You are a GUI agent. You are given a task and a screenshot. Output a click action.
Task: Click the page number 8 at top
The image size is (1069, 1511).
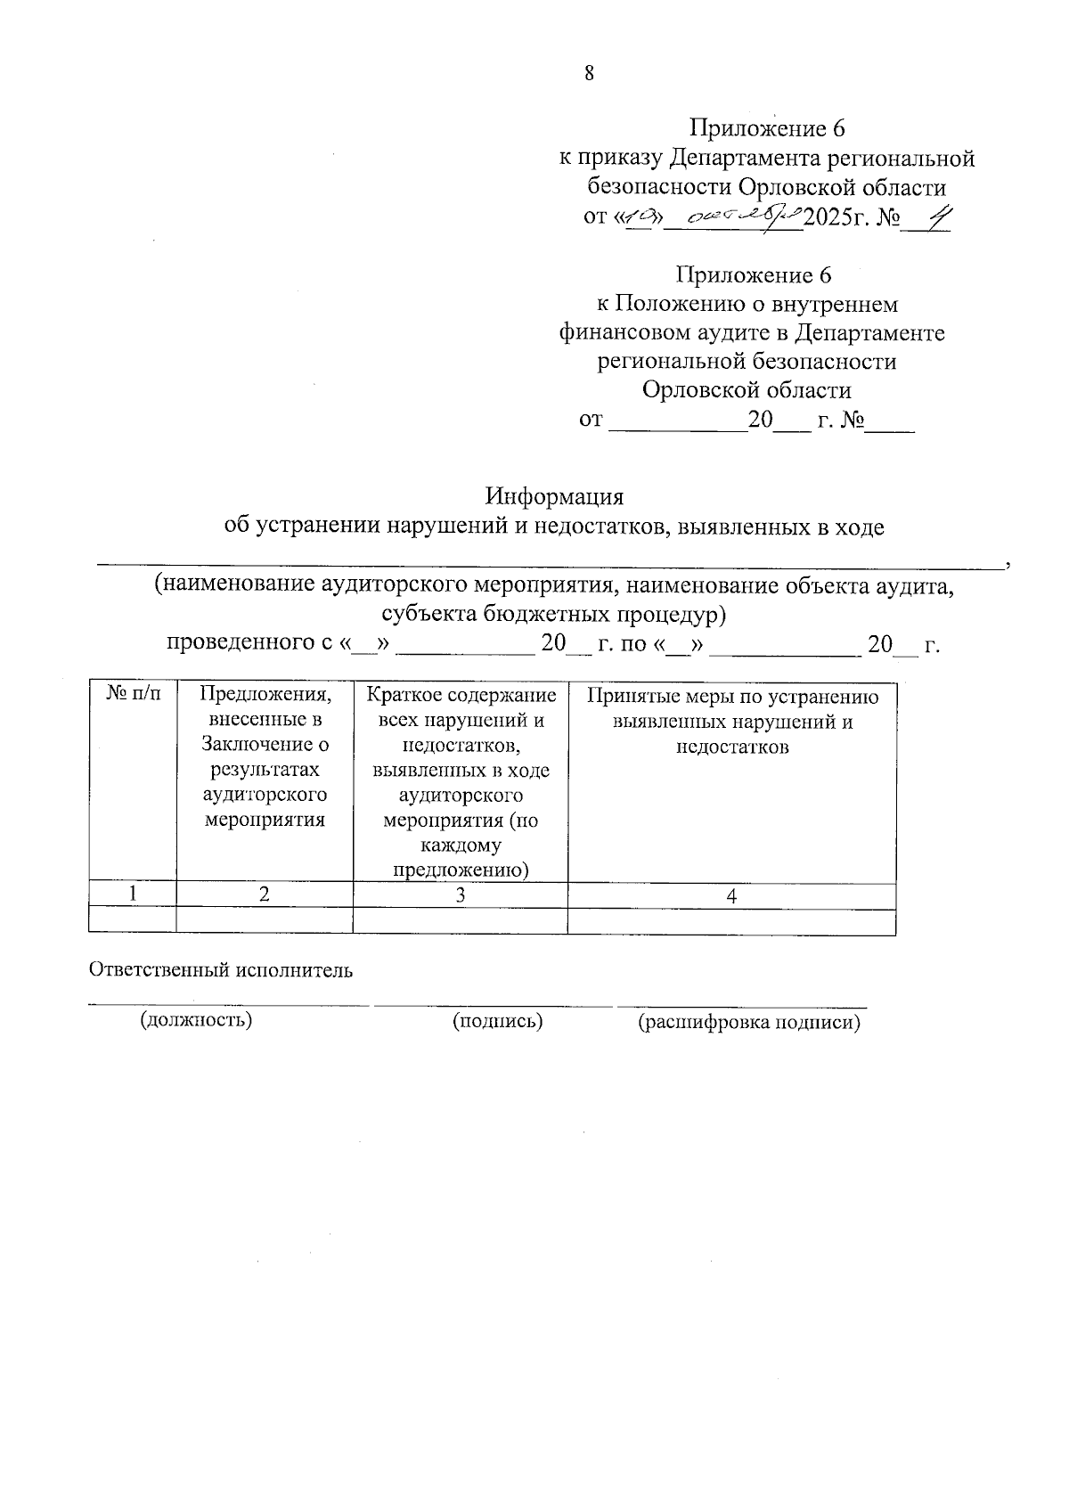pos(589,73)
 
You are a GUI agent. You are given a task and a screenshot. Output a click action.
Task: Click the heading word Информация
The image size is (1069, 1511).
pos(554,496)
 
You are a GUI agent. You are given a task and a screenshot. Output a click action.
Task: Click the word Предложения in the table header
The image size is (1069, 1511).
pos(265,694)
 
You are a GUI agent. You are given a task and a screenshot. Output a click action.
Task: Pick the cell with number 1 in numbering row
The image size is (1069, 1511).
pos(133,895)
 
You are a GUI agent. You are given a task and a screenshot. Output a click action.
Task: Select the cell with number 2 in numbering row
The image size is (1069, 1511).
pos(265,895)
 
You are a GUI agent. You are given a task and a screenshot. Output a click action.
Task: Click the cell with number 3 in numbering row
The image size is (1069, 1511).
pos(460,895)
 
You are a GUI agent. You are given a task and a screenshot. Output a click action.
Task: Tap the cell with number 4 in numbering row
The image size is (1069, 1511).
pos(730,896)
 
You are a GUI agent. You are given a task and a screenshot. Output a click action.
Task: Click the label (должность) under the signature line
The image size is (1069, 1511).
pos(196,1019)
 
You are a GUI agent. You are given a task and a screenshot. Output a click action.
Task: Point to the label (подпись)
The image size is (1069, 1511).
pos(497,1021)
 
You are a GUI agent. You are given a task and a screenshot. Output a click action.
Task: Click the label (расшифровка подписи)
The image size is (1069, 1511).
pos(748,1023)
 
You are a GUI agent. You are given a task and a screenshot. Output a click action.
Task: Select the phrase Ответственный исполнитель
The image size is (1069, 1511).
pos(221,970)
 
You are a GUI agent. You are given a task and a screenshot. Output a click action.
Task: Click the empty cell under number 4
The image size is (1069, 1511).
pos(730,921)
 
